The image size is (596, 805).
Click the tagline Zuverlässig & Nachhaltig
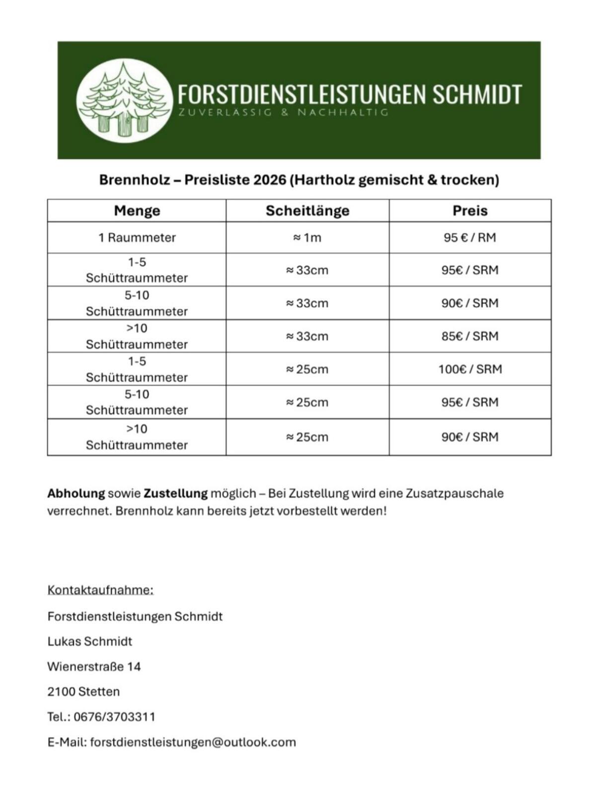click(283, 112)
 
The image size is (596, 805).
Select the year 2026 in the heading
click(270, 179)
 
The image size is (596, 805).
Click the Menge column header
click(137, 211)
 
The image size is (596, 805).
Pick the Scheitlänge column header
click(307, 211)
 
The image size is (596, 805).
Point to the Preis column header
click(470, 211)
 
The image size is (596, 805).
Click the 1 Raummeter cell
click(137, 237)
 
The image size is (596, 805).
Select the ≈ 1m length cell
click(307, 238)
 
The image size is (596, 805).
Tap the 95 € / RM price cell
click(470, 237)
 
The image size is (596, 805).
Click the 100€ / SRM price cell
click(470, 369)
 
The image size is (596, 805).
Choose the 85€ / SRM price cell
click(470, 336)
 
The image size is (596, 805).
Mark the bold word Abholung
click(76, 493)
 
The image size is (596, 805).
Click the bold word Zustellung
click(175, 493)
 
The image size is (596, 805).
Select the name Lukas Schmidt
click(90, 641)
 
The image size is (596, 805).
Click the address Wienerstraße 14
click(94, 666)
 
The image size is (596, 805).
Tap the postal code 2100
click(61, 691)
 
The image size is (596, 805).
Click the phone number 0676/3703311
click(114, 717)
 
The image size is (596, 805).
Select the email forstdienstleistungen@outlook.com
click(193, 742)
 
